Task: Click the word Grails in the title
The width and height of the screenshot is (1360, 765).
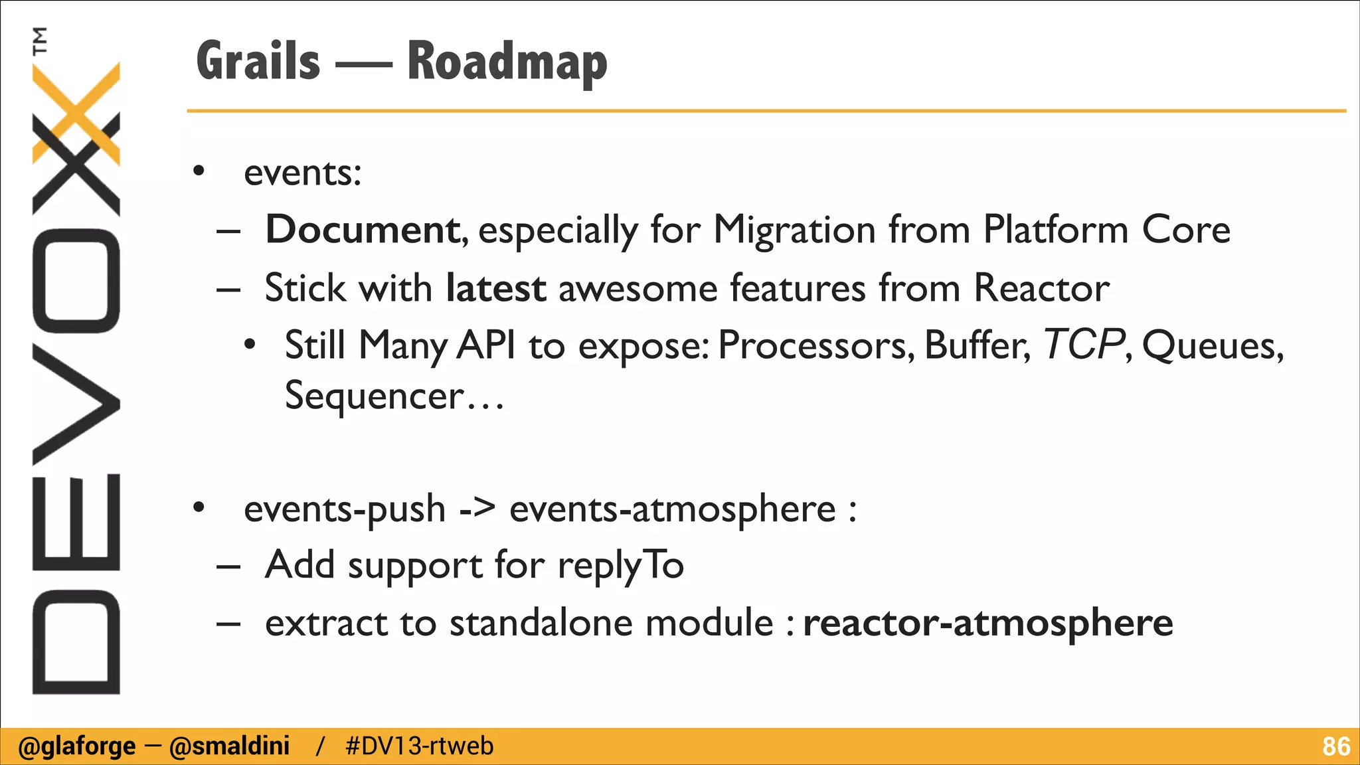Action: pyautogui.click(x=258, y=61)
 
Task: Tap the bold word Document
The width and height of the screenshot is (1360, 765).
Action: pyautogui.click(x=362, y=230)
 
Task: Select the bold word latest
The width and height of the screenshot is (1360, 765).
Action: pyautogui.click(x=495, y=288)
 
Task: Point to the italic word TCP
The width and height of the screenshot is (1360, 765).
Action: pyautogui.click(x=1082, y=345)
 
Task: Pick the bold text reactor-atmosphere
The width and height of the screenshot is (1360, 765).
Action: pyautogui.click(x=987, y=623)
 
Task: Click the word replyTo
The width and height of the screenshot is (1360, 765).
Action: pyautogui.click(x=620, y=566)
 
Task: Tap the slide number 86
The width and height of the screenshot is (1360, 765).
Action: pyautogui.click(x=1335, y=746)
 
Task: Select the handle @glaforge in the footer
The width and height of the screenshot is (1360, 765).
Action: pyautogui.click(x=76, y=746)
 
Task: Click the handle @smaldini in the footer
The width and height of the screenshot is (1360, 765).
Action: pyautogui.click(x=229, y=746)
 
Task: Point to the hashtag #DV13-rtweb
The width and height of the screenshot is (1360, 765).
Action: pyautogui.click(x=420, y=746)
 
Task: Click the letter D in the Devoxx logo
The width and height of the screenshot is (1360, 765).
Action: pyautogui.click(x=76, y=641)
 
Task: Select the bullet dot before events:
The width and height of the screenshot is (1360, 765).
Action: pyautogui.click(x=199, y=172)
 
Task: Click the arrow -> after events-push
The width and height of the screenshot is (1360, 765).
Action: pyautogui.click(x=477, y=509)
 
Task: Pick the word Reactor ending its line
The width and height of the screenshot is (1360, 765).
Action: pyautogui.click(x=1041, y=288)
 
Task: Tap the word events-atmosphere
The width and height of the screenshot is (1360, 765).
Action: pyautogui.click(x=672, y=509)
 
